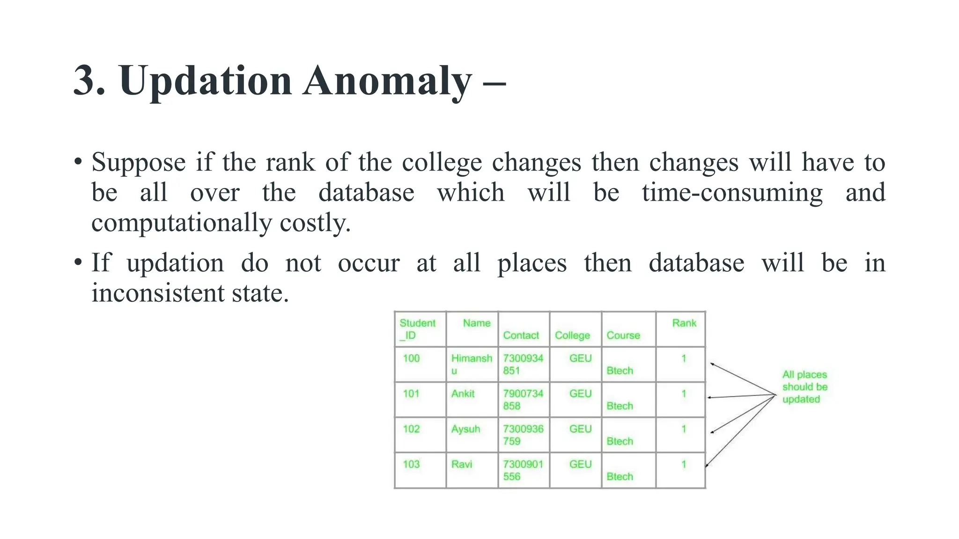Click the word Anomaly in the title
click(x=387, y=81)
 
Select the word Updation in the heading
click(x=206, y=81)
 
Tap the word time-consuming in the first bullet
click(x=732, y=193)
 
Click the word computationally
click(x=181, y=223)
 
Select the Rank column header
click(x=684, y=323)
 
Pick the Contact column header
click(x=521, y=335)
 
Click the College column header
click(x=572, y=335)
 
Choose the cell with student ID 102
click(x=411, y=429)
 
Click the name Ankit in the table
click(x=463, y=394)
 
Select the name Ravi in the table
click(x=462, y=465)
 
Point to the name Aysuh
click(x=465, y=429)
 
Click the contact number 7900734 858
click(x=523, y=400)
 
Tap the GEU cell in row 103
click(x=580, y=465)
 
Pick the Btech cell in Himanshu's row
click(x=620, y=371)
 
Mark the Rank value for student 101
click(x=684, y=394)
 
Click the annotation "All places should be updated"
click(x=804, y=387)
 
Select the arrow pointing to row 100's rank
click(x=740, y=378)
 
